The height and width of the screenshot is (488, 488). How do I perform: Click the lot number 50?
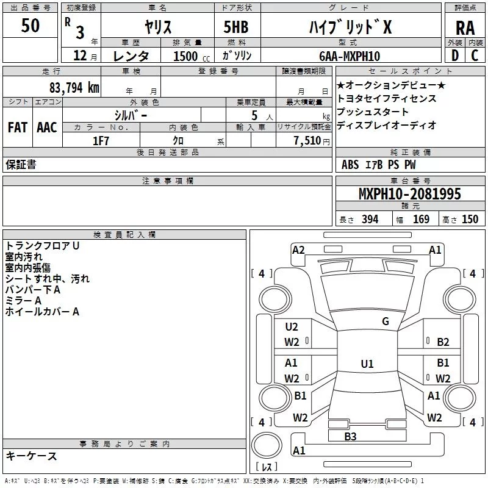30,25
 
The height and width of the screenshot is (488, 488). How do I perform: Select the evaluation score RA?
465,28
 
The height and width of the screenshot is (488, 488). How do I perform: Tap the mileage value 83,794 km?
74,88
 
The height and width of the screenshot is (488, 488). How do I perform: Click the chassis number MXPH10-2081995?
410,193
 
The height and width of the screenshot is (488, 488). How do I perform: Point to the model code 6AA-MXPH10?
350,56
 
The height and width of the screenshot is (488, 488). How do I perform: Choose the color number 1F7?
101,141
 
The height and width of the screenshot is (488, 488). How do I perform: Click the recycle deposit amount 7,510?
307,140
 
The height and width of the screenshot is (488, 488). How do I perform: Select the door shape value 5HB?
236,27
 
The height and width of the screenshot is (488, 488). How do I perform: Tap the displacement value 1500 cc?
192,56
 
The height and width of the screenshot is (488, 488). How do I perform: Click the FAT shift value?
18,127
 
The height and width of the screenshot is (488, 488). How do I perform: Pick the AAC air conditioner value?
47,127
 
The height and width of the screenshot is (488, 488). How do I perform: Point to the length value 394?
370,219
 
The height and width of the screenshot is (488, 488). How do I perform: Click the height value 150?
470,219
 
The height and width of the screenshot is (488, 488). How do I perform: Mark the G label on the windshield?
386,321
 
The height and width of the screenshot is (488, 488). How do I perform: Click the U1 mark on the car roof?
367,364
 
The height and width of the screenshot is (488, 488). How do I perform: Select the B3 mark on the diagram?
350,436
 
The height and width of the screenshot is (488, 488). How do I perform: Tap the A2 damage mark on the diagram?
298,250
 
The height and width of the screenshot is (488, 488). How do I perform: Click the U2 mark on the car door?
292,326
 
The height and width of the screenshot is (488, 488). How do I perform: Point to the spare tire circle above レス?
267,445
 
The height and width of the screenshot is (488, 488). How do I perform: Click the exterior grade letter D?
455,56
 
